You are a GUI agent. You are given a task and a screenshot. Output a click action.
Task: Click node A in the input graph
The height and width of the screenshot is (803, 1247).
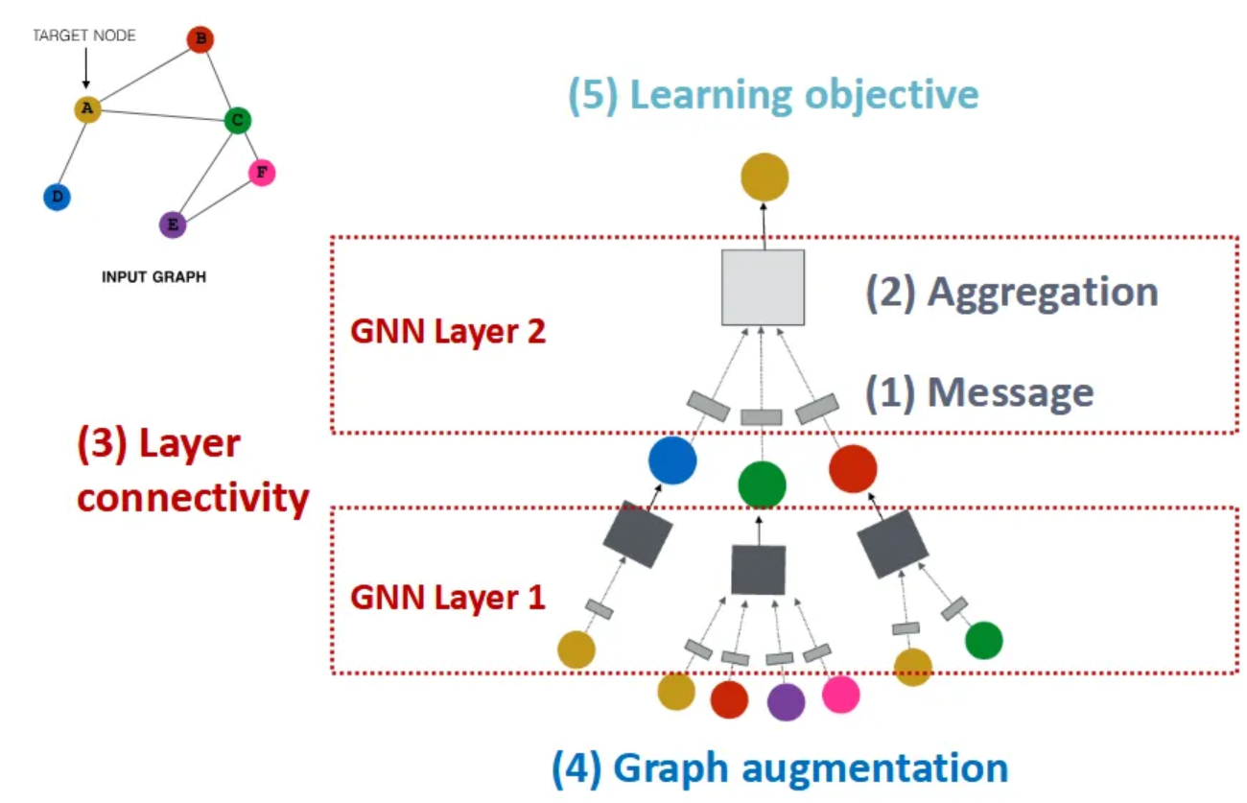[x=87, y=109]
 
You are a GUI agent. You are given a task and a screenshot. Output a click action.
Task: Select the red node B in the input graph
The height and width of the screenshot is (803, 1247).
[x=200, y=39]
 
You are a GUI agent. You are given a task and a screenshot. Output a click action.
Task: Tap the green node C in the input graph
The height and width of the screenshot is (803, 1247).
[x=237, y=121]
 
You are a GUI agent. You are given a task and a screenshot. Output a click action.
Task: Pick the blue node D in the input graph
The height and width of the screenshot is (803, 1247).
[x=58, y=198]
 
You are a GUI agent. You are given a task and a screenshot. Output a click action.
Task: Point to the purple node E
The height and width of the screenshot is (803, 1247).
[x=173, y=224]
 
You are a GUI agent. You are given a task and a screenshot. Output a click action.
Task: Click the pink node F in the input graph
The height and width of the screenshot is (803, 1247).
[x=261, y=173]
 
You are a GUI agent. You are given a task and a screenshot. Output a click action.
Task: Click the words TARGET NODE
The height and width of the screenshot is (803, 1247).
[x=84, y=35]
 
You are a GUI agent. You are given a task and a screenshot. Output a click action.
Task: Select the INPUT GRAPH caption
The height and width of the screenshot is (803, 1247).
[x=153, y=277]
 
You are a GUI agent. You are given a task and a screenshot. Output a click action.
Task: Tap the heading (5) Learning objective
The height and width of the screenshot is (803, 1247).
[x=773, y=95]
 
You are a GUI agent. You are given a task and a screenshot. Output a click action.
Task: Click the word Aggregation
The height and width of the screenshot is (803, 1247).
[x=1042, y=292]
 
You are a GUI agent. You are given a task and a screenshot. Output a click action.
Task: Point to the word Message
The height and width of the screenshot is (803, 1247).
[x=1010, y=391]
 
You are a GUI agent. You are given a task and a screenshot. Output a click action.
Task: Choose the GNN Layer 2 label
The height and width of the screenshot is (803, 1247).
[x=447, y=332]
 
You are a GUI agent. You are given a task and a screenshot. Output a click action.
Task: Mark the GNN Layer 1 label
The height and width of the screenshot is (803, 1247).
[x=447, y=597]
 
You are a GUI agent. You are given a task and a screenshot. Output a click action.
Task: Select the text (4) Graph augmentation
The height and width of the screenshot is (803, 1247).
[x=779, y=768]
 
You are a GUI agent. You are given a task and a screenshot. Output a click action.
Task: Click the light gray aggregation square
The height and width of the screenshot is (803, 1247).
[x=763, y=287]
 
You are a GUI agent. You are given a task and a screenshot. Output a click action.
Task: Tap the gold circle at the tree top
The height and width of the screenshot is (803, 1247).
[x=765, y=177]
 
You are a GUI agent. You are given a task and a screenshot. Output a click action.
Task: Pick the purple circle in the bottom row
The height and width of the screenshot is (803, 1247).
[x=786, y=701]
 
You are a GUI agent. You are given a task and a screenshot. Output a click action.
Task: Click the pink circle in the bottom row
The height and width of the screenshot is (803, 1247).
[x=840, y=695]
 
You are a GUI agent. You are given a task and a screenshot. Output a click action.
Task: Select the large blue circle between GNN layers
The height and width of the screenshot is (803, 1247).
[x=672, y=461]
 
